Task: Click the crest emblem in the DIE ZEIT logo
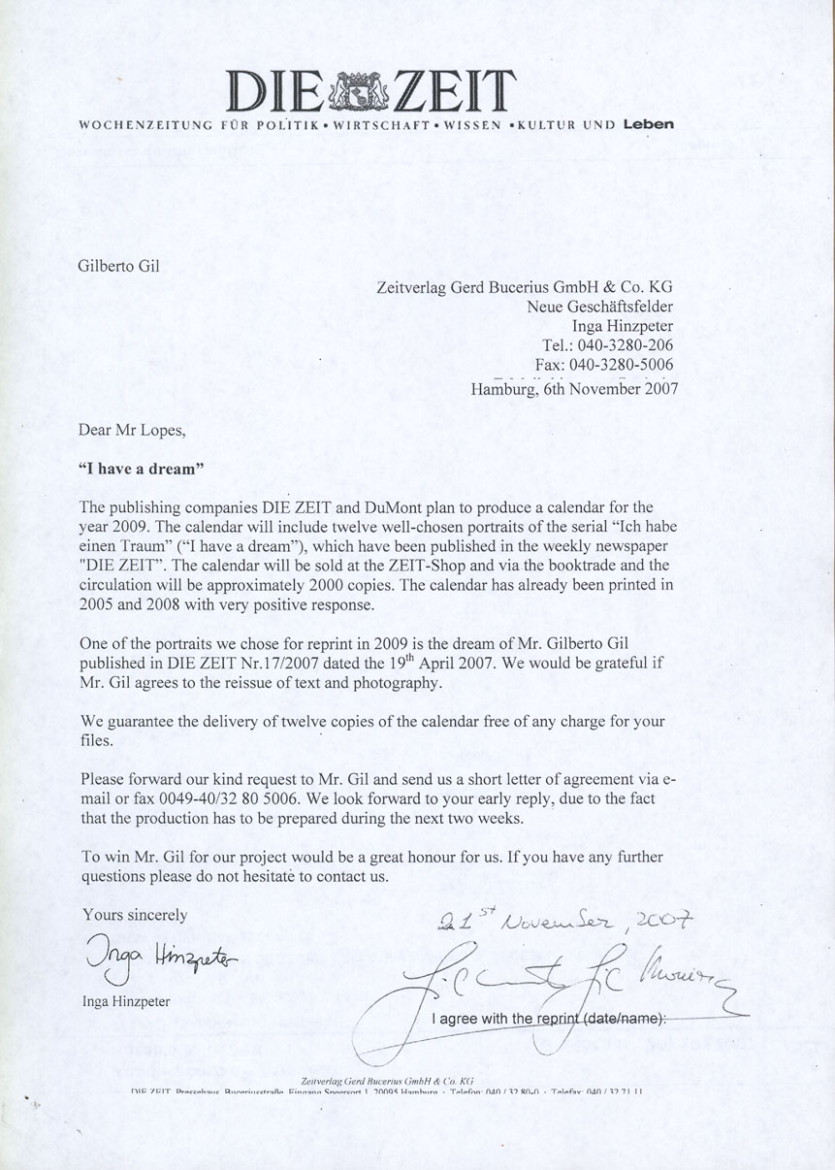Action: coord(360,92)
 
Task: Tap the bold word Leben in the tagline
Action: coord(648,124)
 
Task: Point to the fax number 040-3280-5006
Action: coord(625,364)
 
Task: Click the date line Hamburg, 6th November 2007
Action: coord(574,389)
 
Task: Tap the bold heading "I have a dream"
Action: coord(141,468)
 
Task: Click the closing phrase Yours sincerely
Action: coord(135,914)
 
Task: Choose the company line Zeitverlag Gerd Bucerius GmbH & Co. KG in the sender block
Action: coord(524,287)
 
